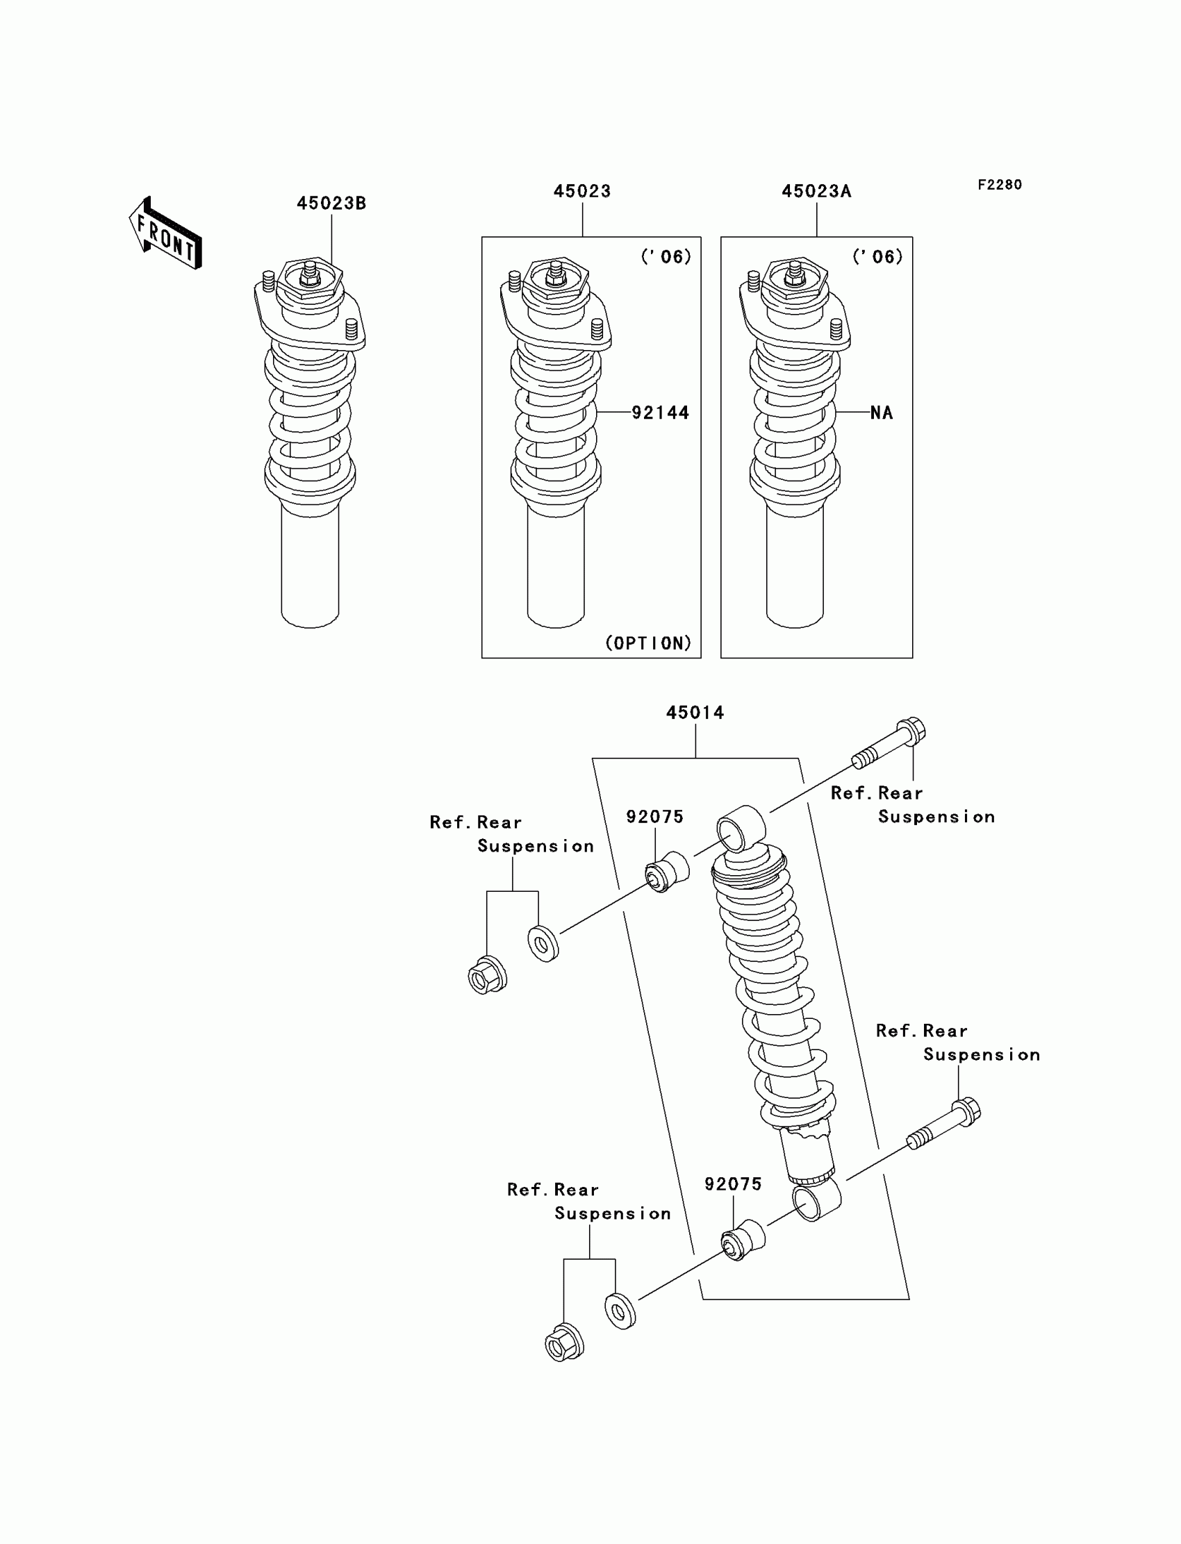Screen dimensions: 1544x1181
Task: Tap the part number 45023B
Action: click(x=331, y=203)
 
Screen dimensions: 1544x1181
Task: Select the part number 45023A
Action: click(x=816, y=191)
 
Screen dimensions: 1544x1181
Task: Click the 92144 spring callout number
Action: click(x=660, y=413)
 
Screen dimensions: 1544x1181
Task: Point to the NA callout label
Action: click(x=882, y=413)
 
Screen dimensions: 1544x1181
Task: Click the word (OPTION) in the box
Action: click(x=648, y=642)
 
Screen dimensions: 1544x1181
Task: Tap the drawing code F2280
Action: click(x=1000, y=185)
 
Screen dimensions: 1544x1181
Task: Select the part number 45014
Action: click(x=695, y=713)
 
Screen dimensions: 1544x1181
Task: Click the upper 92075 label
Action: click(x=654, y=817)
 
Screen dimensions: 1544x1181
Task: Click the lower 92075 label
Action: click(x=733, y=1184)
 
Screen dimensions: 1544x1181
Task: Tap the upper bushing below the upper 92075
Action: click(x=667, y=872)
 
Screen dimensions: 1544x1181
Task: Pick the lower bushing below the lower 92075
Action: click(x=744, y=1240)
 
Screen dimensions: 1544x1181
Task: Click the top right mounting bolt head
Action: click(x=911, y=731)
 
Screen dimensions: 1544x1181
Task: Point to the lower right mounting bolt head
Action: click(x=967, y=1112)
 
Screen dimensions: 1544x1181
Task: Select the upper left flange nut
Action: click(x=486, y=976)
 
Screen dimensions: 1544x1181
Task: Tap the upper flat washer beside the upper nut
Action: click(x=543, y=944)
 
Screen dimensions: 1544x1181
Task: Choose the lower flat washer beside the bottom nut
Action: click(x=620, y=1311)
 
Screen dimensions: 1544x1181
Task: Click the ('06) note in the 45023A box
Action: click(x=877, y=256)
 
